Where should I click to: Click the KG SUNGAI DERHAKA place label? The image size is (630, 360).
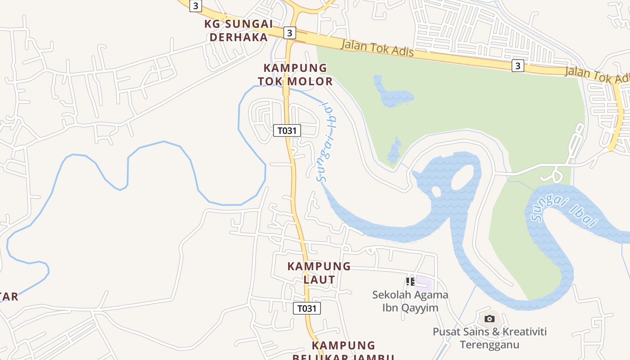coord(238,30)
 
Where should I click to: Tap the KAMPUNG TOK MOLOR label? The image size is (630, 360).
coord(295,75)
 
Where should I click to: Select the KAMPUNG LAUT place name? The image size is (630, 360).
coord(319,273)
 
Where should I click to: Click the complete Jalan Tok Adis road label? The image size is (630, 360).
coord(377,48)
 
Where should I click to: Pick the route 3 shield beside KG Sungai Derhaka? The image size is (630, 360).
coord(290,33)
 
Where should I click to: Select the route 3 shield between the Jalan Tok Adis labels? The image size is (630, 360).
coord(518,66)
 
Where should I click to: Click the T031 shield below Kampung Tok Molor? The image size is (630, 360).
coord(287,130)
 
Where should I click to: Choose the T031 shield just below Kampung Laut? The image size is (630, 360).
coord(307,308)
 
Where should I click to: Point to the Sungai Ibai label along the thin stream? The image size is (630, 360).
coord(328,142)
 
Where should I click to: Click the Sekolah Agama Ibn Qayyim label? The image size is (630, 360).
coord(410,301)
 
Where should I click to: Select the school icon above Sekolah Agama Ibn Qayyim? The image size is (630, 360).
coord(410,282)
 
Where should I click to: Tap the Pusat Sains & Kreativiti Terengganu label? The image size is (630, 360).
coord(490,338)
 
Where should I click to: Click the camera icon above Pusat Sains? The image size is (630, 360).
coord(490,319)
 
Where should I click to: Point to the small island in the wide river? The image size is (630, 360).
coord(436,192)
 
